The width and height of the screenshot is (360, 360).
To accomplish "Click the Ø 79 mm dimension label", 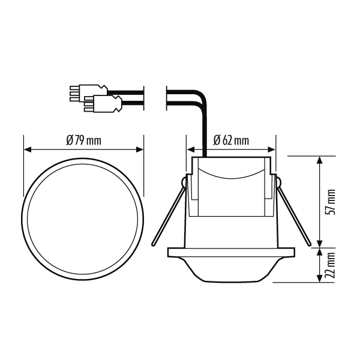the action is click(x=83, y=140).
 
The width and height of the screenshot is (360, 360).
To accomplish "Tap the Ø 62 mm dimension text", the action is click(x=231, y=140).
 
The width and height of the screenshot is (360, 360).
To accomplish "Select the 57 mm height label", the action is click(x=331, y=202).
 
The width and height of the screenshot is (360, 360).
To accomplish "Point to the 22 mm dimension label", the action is click(x=331, y=265).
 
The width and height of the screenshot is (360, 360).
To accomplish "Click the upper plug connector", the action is click(x=88, y=93).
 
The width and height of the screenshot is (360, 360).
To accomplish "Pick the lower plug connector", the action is click(x=103, y=104).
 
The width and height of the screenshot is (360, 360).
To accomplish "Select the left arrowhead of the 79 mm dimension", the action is click(x=28, y=149).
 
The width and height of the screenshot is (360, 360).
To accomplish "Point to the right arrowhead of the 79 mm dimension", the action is click(x=140, y=149).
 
